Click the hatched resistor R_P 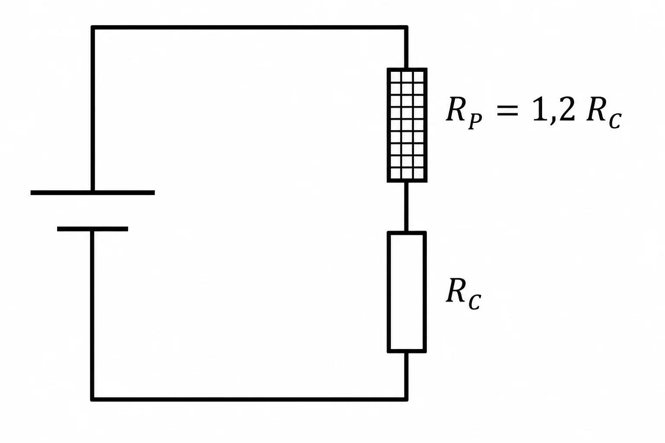407,125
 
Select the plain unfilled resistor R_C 407,292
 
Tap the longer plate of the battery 93,193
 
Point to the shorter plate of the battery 93,229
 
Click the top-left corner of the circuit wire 93,27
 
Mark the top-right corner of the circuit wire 406,27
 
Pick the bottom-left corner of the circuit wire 93,399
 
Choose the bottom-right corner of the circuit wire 406,399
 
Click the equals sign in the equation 507,110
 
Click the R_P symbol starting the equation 464,113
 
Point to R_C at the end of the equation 604,113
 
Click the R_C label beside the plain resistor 463,294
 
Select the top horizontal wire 249,27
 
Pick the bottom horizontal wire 249,399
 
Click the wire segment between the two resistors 406,207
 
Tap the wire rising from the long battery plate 93,109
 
